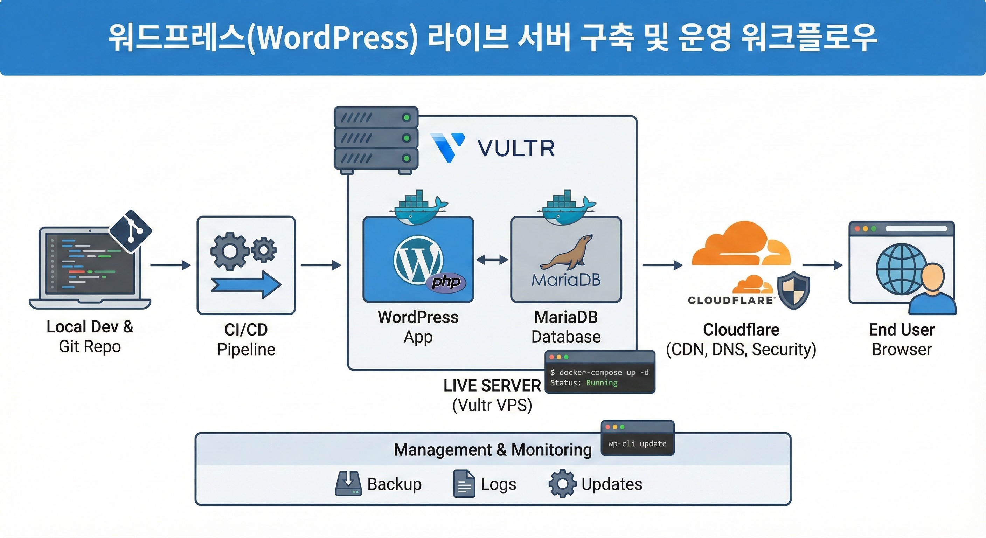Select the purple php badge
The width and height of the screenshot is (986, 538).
[446, 283]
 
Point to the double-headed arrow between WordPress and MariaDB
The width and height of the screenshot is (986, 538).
[492, 260]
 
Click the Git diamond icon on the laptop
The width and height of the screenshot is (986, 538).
[131, 231]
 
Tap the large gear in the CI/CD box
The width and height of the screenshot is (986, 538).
[229, 251]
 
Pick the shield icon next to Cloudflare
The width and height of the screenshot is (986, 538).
[794, 290]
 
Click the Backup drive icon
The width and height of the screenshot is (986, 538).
[348, 484]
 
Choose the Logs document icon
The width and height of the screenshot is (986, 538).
[464, 484]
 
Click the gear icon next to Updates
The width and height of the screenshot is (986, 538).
[562, 484]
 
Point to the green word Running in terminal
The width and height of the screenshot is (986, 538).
[602, 383]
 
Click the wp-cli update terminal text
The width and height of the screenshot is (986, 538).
[637, 444]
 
